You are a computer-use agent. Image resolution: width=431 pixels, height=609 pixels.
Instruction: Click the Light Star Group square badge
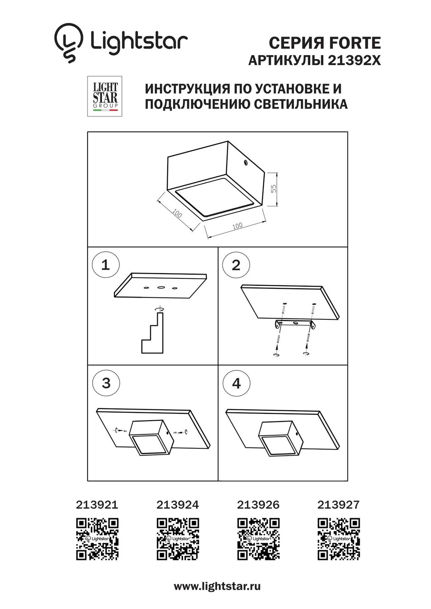pos(105,96)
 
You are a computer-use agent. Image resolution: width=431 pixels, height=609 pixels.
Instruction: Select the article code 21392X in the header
pos(354,61)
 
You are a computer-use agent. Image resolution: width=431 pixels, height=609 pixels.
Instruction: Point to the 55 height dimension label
pos(273,189)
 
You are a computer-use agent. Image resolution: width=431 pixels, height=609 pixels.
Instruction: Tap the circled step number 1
pos(106,265)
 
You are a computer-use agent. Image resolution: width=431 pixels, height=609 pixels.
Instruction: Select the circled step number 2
pos(236,265)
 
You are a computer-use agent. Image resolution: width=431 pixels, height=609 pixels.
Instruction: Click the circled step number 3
pos(106,383)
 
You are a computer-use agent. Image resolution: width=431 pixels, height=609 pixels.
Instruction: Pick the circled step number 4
pos(236,383)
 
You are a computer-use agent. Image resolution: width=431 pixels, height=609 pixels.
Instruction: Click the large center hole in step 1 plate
pos(161,287)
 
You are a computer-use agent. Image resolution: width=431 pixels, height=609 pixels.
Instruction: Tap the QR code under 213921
pos(97,539)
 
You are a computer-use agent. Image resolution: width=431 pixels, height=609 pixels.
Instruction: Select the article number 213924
pos(178,505)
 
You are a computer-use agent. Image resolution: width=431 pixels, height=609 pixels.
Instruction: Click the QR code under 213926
pos(258,539)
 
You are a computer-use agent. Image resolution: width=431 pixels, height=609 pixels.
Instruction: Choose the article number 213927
pos(338,505)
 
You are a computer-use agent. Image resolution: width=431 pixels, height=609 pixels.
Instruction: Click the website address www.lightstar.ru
pos(217,586)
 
